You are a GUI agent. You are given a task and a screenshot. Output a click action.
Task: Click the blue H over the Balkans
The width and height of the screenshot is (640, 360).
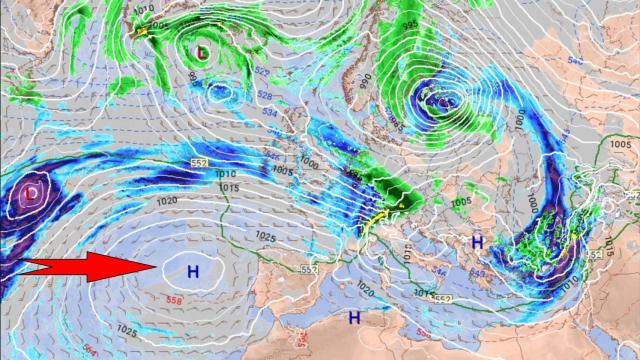pyautogui.click(x=477, y=242)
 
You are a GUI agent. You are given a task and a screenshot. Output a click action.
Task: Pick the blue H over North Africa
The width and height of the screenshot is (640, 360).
pyautogui.click(x=353, y=317)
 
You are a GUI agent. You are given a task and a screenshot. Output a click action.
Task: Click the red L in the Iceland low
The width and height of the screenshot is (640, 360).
pyautogui.click(x=202, y=50)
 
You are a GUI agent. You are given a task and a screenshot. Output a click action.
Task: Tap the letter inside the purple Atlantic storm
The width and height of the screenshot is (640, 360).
pyautogui.click(x=33, y=190)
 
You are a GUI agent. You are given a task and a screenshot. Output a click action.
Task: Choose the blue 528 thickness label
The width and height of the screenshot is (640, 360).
pyautogui.click(x=264, y=96)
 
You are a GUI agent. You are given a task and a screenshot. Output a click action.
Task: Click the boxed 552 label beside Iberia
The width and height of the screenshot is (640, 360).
pyautogui.click(x=308, y=270)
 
